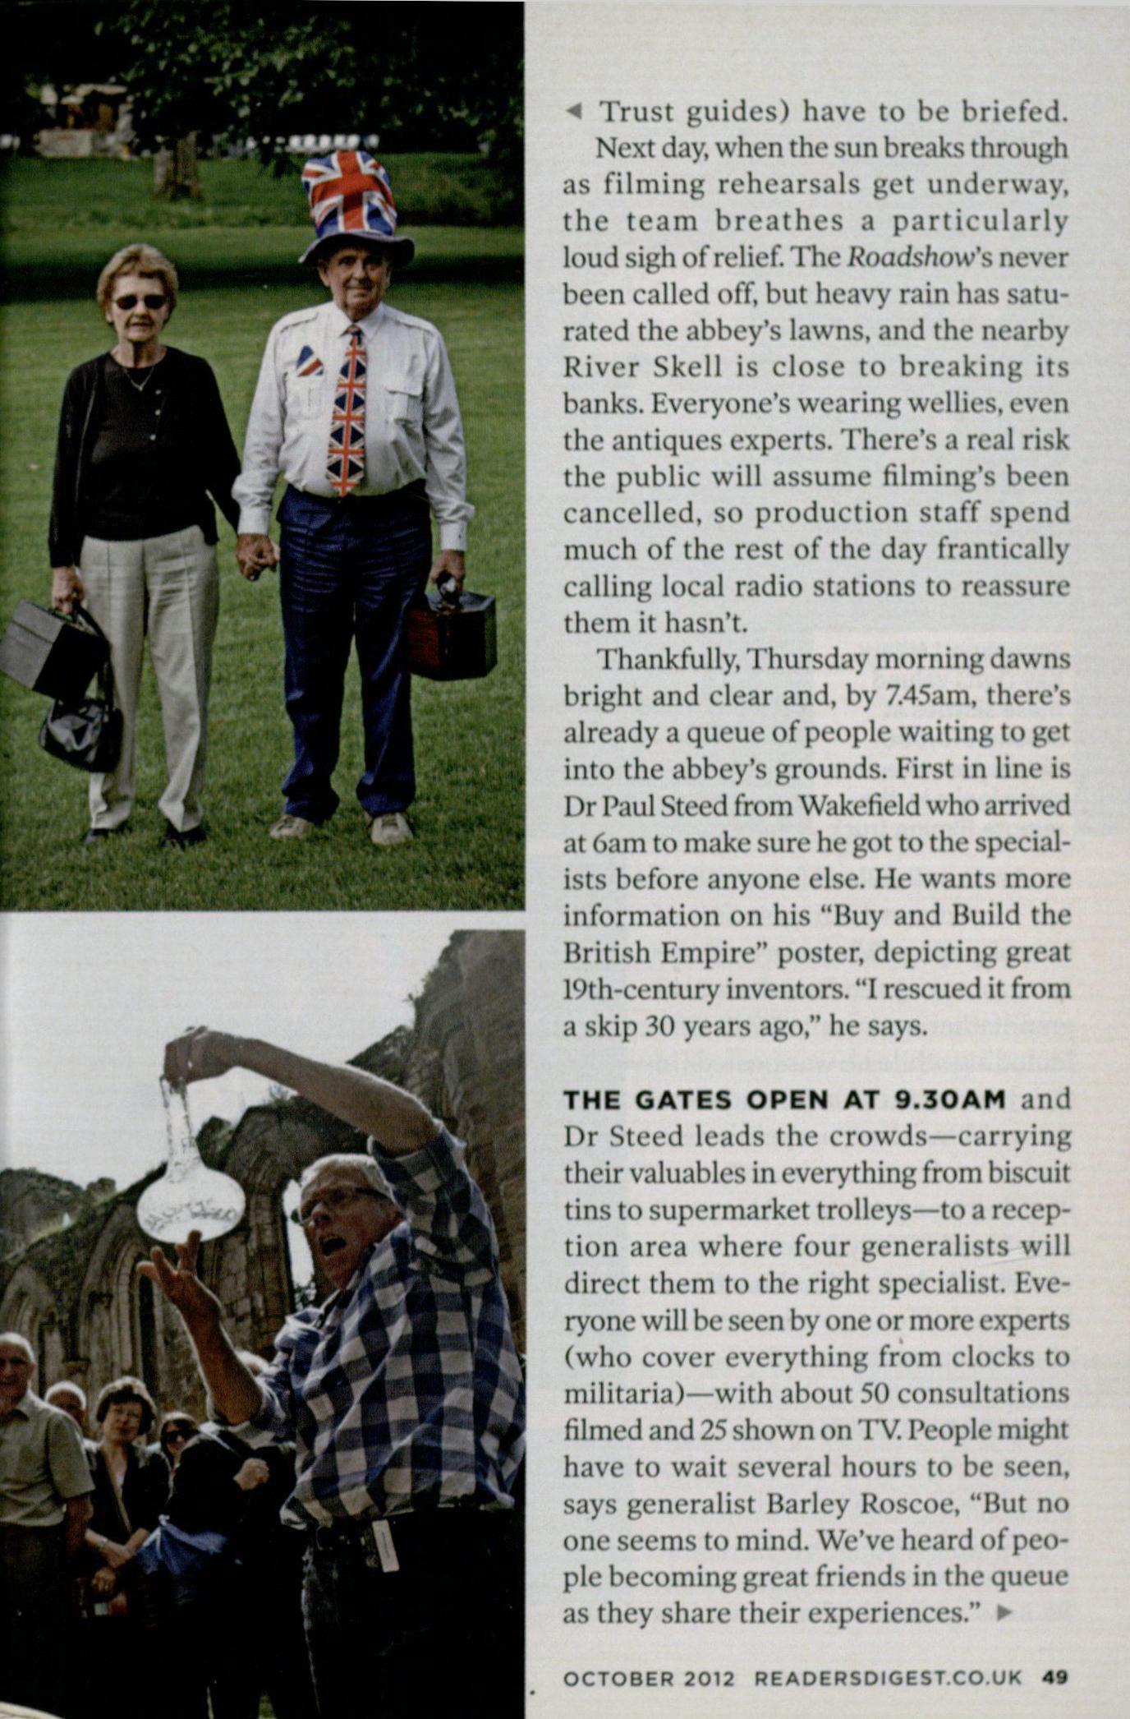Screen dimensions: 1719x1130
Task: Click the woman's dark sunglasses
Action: tap(140, 302)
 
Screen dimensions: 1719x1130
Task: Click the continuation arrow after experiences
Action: tap(1002, 1614)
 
